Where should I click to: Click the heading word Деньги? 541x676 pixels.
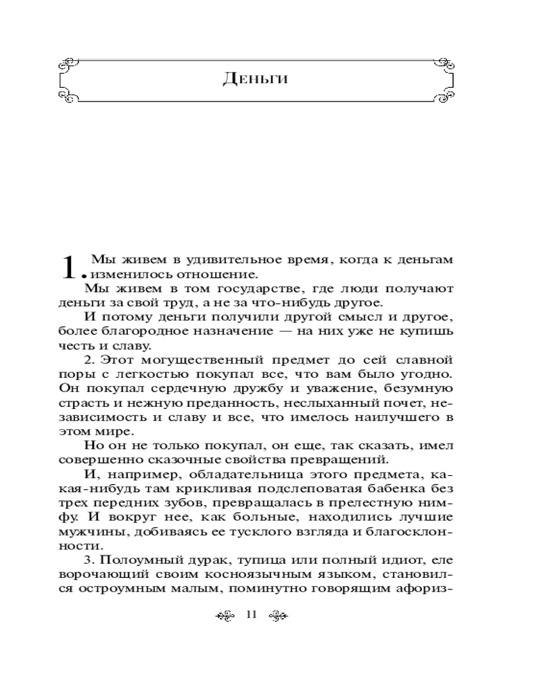[255, 78]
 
